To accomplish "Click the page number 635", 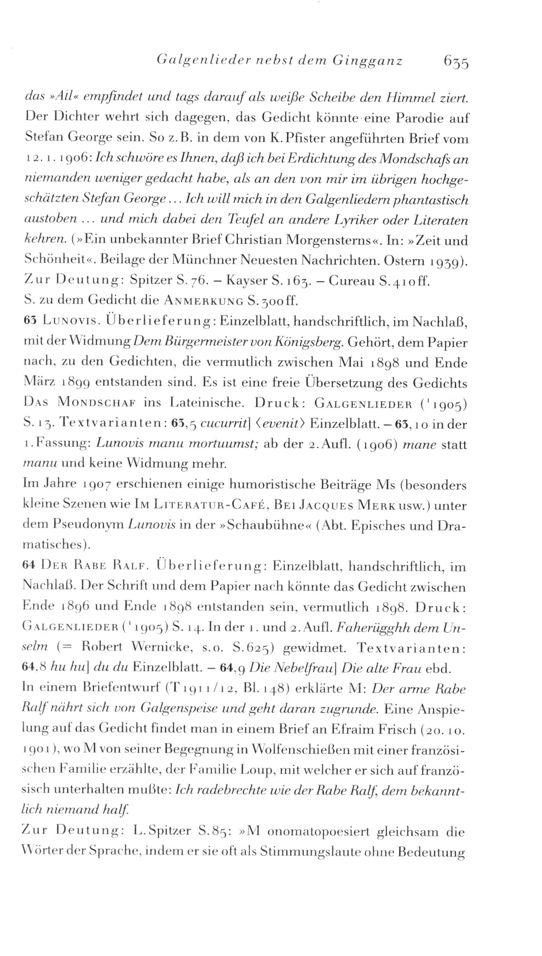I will click(x=456, y=62).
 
